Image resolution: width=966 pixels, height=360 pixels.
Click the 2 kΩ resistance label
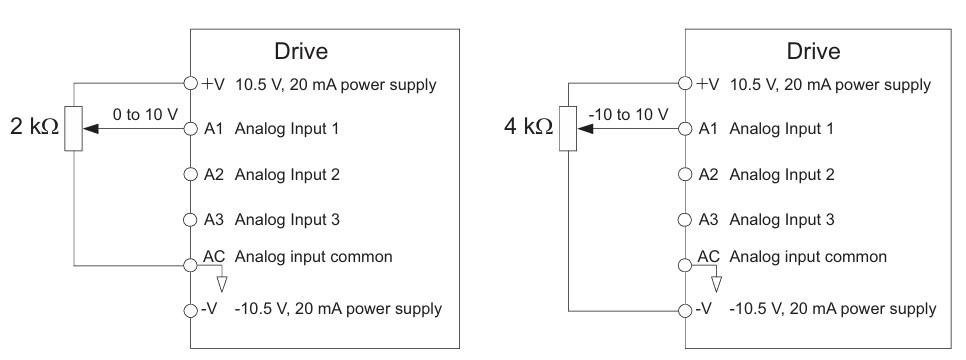pos(34,126)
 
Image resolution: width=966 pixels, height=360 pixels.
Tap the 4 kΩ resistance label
pos(529,126)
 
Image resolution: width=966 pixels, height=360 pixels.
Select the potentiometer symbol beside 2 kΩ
pos(73,128)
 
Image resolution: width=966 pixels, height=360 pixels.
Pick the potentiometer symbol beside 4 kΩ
pos(568,128)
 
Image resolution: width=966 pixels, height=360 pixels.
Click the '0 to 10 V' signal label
pos(145,114)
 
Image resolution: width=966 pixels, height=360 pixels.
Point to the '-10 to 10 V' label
pos(628,114)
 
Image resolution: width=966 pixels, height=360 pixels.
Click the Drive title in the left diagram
pos(301,51)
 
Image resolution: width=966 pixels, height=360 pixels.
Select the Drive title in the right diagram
pos(813,51)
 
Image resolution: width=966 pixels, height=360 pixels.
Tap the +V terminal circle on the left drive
pos(191,84)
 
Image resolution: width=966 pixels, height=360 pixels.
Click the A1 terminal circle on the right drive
pos(685,129)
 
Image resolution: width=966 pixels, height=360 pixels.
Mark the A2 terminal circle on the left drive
pos(191,174)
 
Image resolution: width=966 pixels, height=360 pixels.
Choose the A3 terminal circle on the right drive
pos(685,219)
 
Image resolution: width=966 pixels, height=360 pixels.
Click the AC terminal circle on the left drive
pos(191,266)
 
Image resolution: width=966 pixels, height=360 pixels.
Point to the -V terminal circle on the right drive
pos(685,311)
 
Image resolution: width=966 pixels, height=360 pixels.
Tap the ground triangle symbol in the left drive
pos(222,284)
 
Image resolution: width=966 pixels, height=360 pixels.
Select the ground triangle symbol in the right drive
pos(716,284)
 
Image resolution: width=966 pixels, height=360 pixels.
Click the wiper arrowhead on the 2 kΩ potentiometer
pos(90,129)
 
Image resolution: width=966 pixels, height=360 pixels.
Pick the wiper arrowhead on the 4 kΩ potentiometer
pos(585,129)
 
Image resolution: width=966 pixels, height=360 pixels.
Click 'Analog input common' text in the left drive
pos(313,256)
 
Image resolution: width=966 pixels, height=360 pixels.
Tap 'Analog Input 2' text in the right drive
pos(782,174)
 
